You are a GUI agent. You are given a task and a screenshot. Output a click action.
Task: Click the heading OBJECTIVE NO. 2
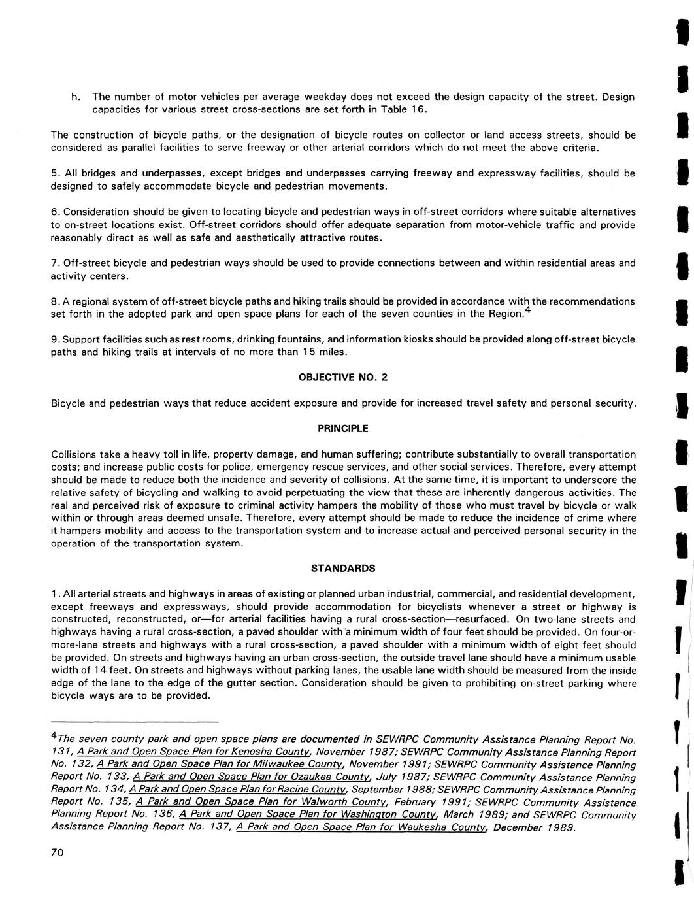click(x=343, y=378)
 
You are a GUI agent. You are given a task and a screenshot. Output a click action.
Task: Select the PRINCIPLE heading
click(x=343, y=429)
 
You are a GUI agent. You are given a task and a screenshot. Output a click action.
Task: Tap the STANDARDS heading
click(x=343, y=569)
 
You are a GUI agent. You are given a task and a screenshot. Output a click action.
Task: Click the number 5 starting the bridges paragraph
click(x=54, y=174)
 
